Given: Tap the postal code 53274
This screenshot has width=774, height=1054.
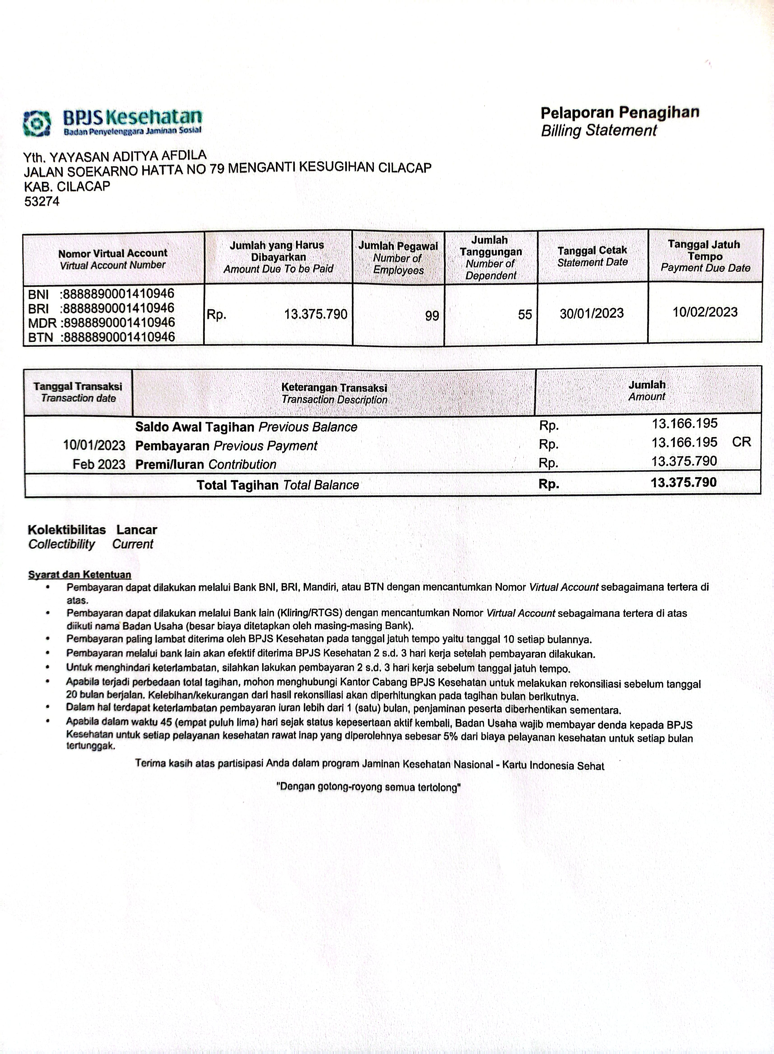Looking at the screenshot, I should coord(42,202).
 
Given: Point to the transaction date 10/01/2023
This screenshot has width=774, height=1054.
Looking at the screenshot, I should coord(94,445).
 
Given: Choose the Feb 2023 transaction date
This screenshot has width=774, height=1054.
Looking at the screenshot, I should coord(99,464).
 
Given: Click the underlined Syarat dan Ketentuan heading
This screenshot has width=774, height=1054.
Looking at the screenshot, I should coord(80,575).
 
